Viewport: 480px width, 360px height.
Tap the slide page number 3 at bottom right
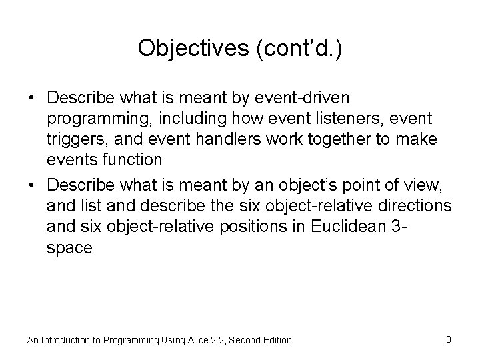(x=449, y=339)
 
